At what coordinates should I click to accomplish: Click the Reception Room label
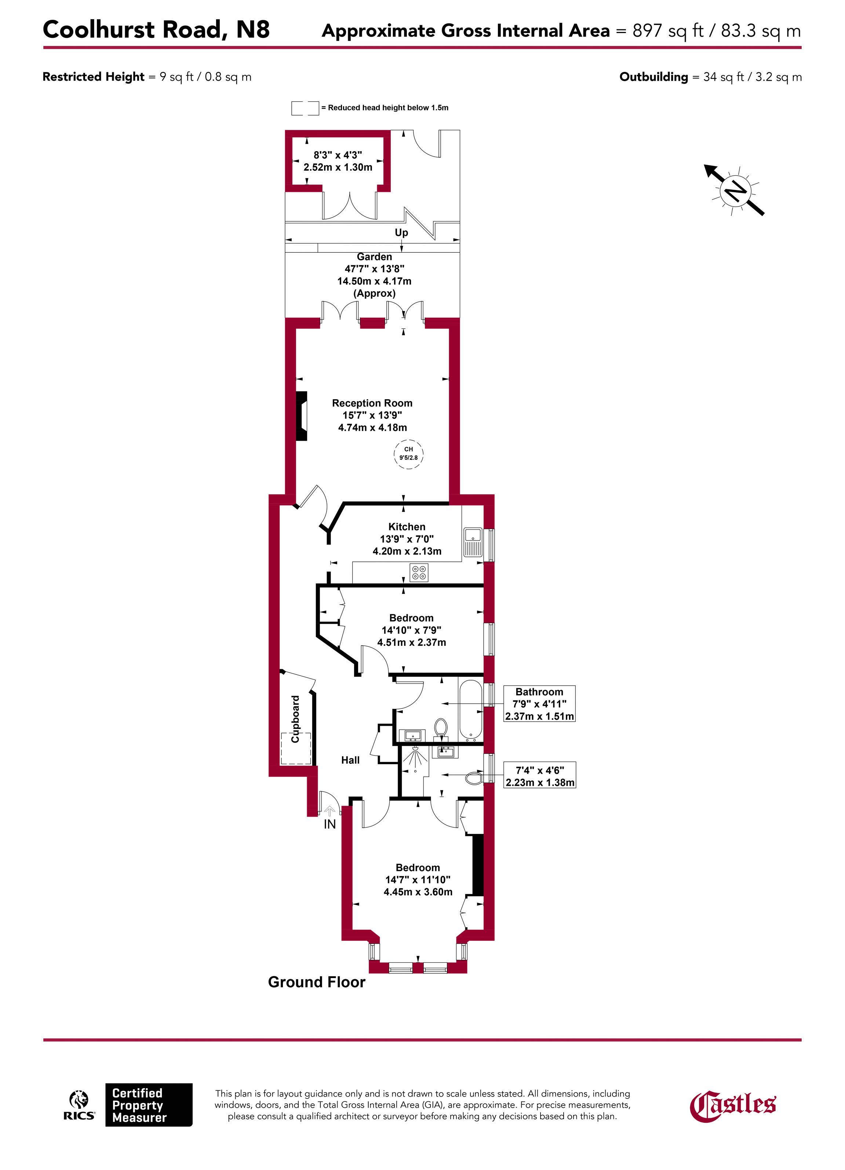click(x=372, y=403)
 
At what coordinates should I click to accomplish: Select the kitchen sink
click(x=473, y=542)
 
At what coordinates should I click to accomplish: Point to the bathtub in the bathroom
click(x=470, y=710)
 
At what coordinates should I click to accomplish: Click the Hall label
click(x=350, y=760)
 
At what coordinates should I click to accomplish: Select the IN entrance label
click(x=329, y=825)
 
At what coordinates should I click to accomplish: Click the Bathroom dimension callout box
click(x=539, y=704)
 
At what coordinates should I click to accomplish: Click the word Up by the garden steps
click(x=401, y=232)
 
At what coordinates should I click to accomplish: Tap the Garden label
click(x=375, y=257)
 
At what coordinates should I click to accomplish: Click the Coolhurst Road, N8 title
click(x=156, y=29)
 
